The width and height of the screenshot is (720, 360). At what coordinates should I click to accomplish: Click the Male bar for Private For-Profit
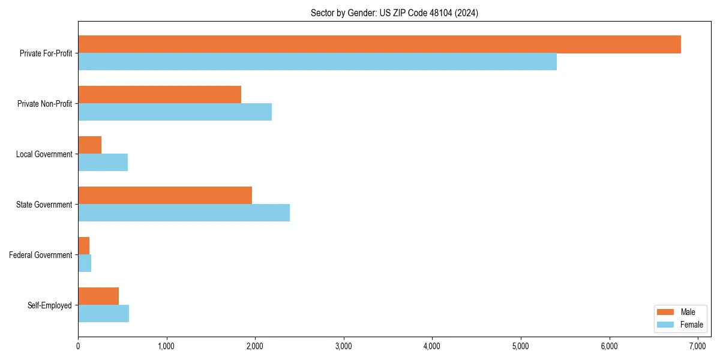coord(379,44)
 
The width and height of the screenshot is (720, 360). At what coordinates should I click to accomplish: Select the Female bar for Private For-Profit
coord(317,62)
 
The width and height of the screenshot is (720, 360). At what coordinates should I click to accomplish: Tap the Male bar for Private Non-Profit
coord(160,95)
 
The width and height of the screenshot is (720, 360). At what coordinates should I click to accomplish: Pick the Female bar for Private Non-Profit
coord(175,112)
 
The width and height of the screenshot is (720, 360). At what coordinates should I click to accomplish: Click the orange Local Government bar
coord(90,145)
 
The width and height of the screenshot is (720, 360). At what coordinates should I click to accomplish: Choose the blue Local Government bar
coord(103,163)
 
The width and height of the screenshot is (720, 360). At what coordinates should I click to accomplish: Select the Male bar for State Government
coord(165,196)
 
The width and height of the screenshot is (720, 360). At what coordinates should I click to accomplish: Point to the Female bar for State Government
coord(184,213)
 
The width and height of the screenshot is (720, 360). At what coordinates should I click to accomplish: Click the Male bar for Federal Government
coord(84,246)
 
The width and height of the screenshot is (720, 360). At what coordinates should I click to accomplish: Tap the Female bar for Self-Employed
coord(103,314)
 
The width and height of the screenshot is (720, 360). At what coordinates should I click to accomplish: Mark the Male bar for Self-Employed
coord(98,296)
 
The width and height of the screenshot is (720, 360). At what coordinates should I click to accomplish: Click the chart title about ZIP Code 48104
coord(394,13)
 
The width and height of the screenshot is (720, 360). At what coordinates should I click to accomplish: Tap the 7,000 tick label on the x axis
coord(698,346)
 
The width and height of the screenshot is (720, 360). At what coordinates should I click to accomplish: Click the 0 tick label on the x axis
coord(78,346)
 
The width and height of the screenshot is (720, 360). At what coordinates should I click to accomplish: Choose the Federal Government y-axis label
coord(41,255)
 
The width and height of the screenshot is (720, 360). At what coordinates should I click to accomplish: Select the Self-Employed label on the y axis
coord(50,305)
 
